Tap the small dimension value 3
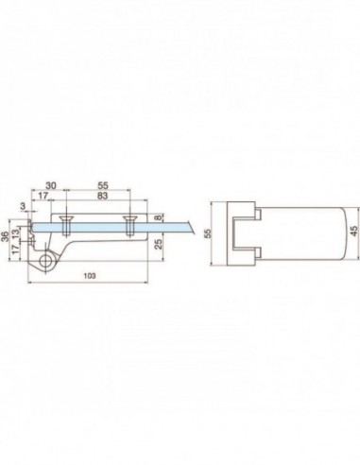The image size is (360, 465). (23, 204)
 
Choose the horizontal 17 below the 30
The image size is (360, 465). (43, 197)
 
